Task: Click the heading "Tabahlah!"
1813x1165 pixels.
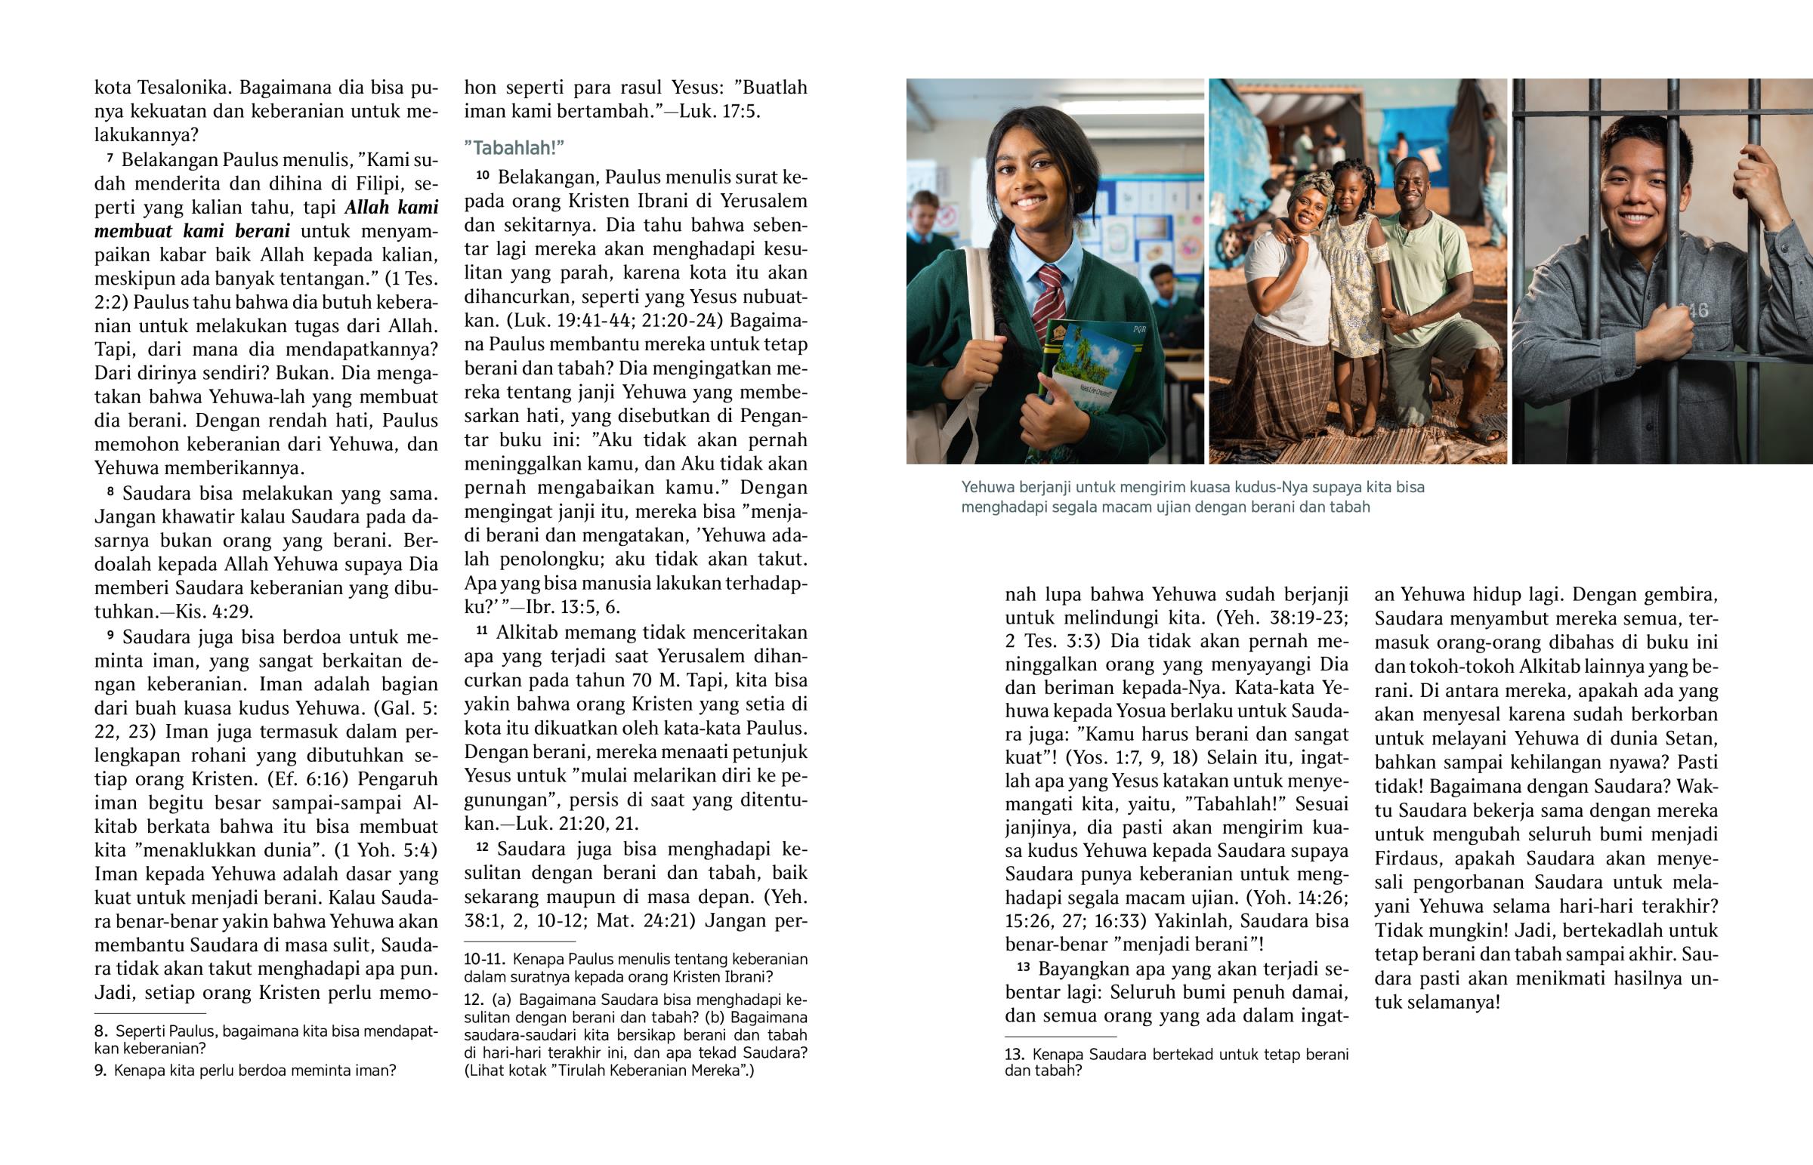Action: pyautogui.click(x=514, y=147)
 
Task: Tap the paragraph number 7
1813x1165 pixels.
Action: pyautogui.click(x=110, y=159)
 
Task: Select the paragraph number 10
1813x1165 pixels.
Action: pyautogui.click(x=483, y=175)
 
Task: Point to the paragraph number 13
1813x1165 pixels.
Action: pyautogui.click(x=1023, y=966)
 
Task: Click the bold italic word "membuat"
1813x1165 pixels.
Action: pyautogui.click(x=133, y=231)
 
